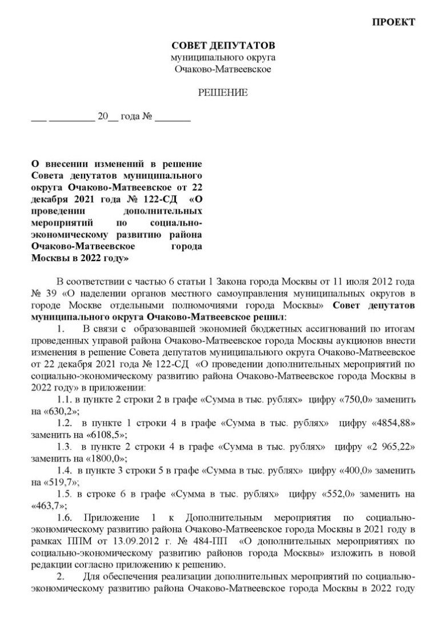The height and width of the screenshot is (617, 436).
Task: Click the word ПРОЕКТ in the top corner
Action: pos(393,22)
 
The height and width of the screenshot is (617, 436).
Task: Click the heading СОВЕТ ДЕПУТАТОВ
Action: pos(223,45)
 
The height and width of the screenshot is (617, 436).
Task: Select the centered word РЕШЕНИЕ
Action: pos(223,93)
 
